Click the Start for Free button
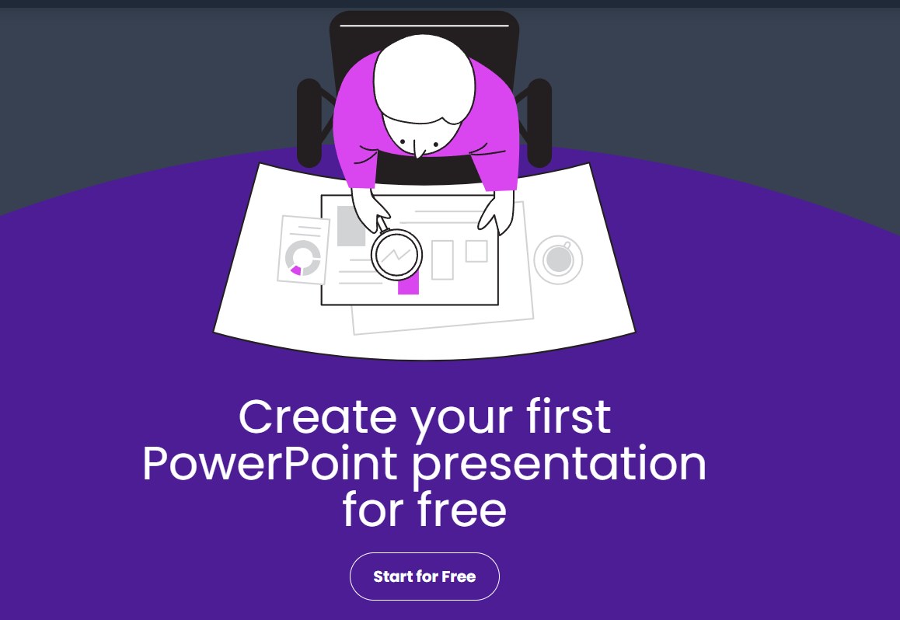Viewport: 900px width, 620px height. [x=424, y=576]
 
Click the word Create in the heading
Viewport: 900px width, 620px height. [x=317, y=417]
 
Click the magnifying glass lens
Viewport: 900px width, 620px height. [x=396, y=255]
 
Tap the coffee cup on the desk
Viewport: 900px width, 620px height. [x=559, y=259]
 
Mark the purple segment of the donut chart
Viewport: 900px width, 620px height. [x=296, y=270]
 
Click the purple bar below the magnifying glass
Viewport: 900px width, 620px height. [x=409, y=284]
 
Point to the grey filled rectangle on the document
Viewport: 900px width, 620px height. [x=351, y=226]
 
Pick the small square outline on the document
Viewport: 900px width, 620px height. [x=476, y=251]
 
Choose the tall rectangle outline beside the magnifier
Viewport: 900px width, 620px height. [x=442, y=259]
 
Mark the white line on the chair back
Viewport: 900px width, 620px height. [x=424, y=26]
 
